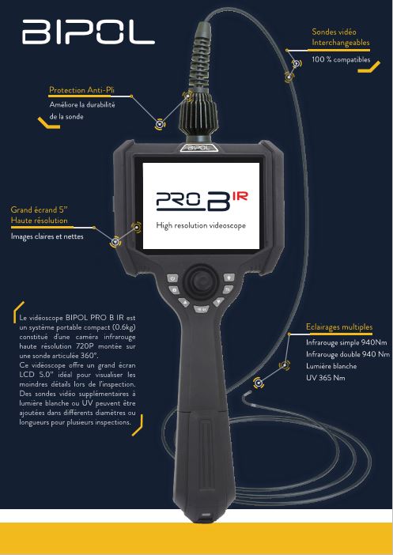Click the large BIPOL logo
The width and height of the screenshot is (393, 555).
[x=89, y=32]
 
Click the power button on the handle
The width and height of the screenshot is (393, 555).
[x=172, y=278]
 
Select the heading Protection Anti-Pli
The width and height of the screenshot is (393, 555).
[x=81, y=90]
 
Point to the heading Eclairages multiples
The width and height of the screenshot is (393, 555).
[x=339, y=327]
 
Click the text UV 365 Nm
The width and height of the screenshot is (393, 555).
[x=325, y=378]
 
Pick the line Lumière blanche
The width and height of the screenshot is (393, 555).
[x=331, y=366]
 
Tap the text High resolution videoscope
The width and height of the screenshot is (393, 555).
[x=201, y=225]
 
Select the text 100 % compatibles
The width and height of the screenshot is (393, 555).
[x=341, y=59]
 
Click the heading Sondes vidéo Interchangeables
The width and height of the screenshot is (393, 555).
[x=341, y=37]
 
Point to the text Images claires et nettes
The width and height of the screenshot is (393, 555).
[x=47, y=236]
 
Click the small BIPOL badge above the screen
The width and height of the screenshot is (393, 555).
[x=199, y=148]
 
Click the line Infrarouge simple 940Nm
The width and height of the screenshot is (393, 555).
[x=346, y=342]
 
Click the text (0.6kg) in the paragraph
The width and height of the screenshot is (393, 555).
[x=123, y=327]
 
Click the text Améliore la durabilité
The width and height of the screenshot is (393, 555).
[x=82, y=105]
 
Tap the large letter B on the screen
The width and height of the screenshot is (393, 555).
[x=217, y=202]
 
